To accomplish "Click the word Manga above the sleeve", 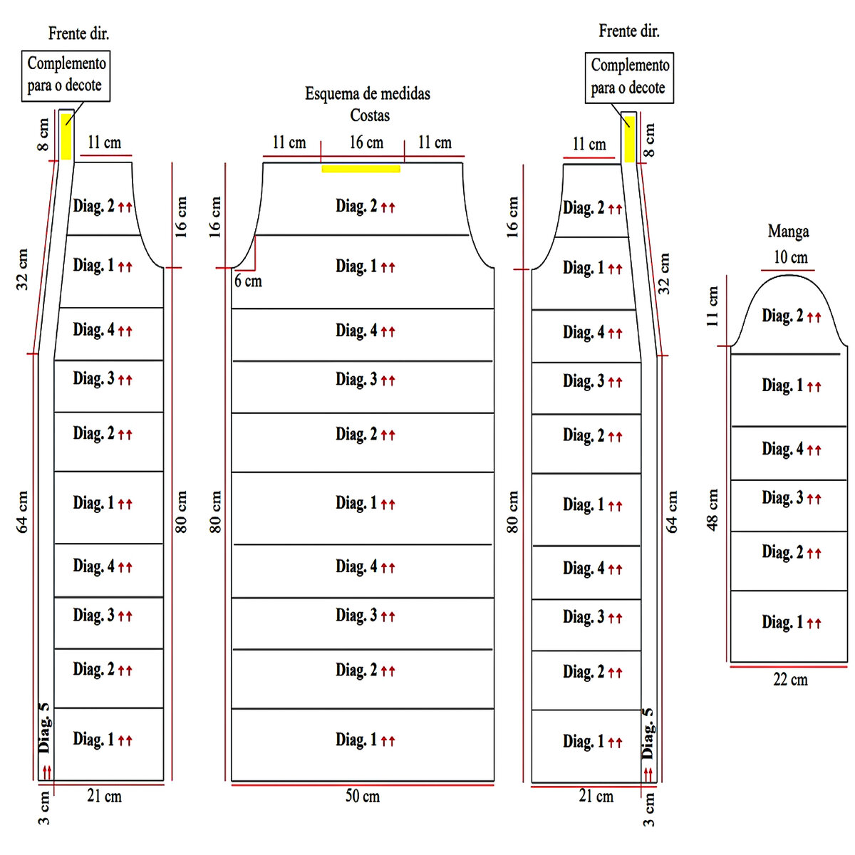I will click(788, 232).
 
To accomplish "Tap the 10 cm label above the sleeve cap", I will click(790, 257).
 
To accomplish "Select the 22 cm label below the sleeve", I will click(790, 680).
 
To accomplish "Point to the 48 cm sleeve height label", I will click(713, 509).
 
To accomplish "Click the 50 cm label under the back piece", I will click(362, 796).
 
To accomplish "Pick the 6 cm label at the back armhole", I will click(248, 281).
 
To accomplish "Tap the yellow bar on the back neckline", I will click(361, 169).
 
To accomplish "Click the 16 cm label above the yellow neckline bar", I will click(366, 142).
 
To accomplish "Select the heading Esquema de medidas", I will click(368, 93).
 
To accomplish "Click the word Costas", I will click(370, 115).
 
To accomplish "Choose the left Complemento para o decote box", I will click(66, 75).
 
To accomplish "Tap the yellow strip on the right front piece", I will click(629, 137).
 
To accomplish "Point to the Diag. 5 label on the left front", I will click(45, 727).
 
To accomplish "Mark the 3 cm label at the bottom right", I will click(648, 810).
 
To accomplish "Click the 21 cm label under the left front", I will click(104, 796).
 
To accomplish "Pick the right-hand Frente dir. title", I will click(628, 31).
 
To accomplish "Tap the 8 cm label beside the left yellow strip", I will click(44, 135).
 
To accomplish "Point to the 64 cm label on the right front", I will click(672, 512).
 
